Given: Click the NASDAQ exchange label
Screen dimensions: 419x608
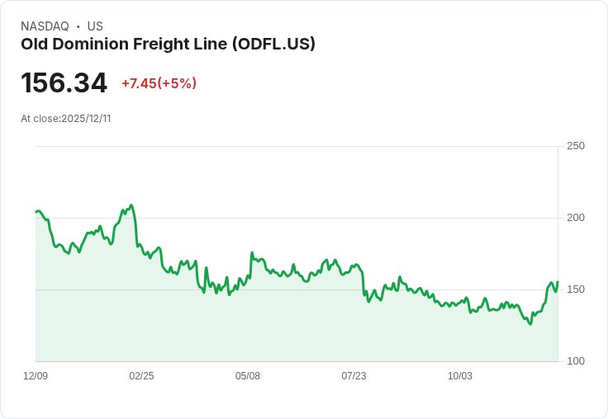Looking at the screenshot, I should tap(45, 26).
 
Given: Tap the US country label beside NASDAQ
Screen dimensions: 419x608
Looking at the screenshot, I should tap(95, 26).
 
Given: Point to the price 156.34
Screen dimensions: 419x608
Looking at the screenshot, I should tap(64, 83).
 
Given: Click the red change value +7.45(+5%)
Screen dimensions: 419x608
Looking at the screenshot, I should tap(159, 83).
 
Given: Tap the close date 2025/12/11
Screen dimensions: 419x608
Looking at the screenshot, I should tap(86, 119).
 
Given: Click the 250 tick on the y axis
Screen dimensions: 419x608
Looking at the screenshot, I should tap(575, 146).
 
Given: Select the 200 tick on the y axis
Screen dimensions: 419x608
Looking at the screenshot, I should tap(575, 218).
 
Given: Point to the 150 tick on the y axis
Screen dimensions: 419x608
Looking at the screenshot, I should tap(575, 290).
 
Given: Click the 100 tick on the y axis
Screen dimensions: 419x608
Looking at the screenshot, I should tap(575, 361).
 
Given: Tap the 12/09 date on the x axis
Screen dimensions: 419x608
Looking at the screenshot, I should tap(36, 376).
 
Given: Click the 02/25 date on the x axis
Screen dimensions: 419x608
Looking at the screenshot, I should tap(141, 376).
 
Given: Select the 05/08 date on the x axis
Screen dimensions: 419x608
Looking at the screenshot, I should tap(248, 376).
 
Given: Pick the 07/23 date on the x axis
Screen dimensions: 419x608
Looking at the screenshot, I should tap(354, 376).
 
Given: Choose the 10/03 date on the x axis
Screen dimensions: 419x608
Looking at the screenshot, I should tap(460, 376).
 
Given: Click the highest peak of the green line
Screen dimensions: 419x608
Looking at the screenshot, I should tap(131, 205).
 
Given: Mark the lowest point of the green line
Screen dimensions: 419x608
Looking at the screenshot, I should tap(530, 324).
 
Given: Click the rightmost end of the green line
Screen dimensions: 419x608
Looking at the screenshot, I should tap(558, 282).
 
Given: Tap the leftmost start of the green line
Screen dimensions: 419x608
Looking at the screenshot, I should tap(36, 212).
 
